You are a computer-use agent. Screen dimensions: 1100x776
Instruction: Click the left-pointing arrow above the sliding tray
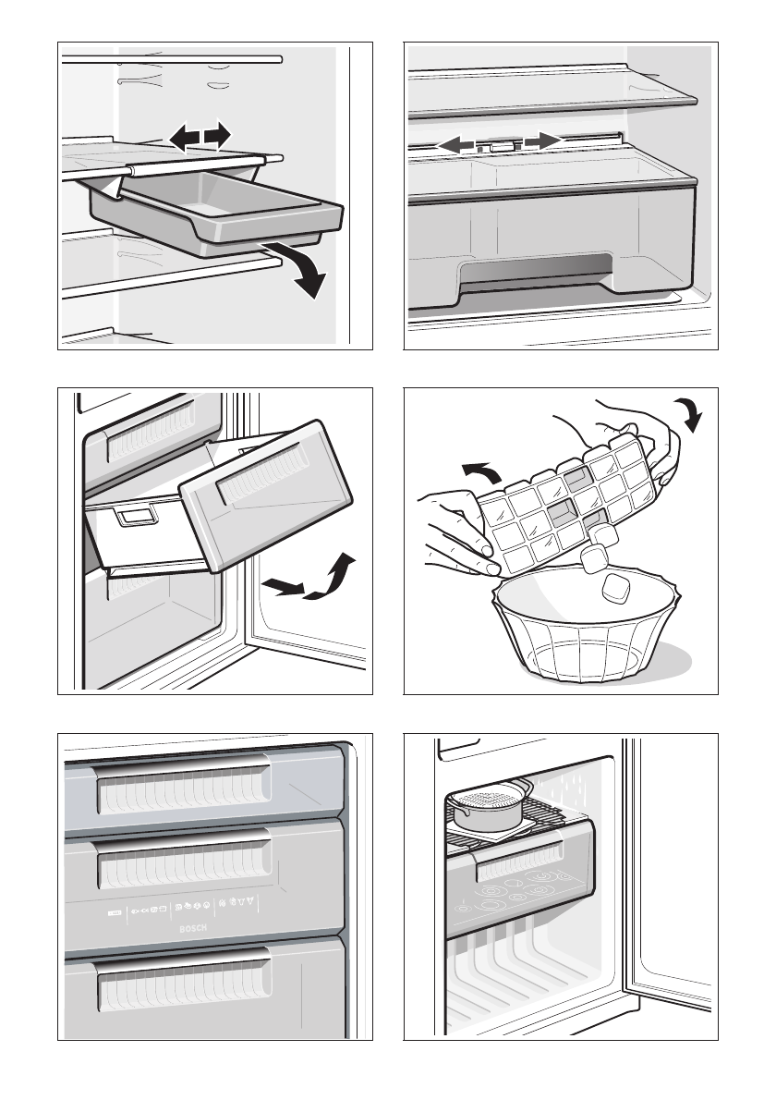click(x=184, y=138)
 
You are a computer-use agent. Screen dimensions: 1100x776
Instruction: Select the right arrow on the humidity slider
click(x=541, y=141)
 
